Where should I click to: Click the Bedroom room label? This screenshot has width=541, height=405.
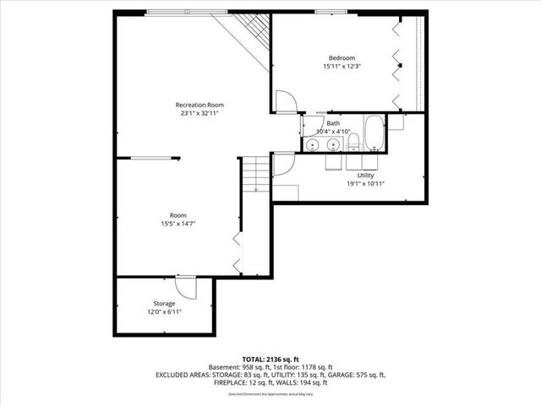pyautogui.click(x=342, y=58)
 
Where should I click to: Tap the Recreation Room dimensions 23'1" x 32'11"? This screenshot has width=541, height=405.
pyautogui.click(x=199, y=113)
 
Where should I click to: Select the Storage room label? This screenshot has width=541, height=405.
pyautogui.click(x=164, y=303)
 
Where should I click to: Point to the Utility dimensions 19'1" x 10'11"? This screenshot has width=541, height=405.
pyautogui.click(x=365, y=183)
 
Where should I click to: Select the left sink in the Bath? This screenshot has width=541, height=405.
pyautogui.click(x=313, y=144)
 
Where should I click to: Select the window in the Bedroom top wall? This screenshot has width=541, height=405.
pyautogui.click(x=329, y=11)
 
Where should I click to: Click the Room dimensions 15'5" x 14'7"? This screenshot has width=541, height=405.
pyautogui.click(x=178, y=224)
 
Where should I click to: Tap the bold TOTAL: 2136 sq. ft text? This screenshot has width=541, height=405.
pyautogui.click(x=270, y=359)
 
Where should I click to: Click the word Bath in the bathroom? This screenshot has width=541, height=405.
pyautogui.click(x=334, y=123)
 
